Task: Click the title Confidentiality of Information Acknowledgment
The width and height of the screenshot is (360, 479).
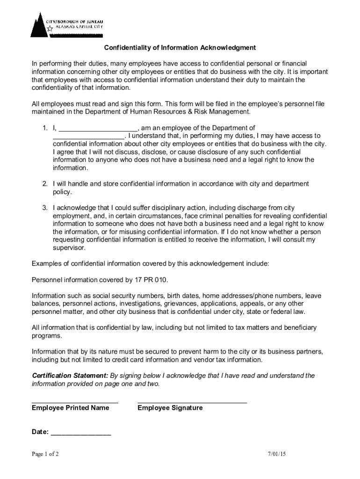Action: (180, 48)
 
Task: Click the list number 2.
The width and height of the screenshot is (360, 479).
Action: (45, 184)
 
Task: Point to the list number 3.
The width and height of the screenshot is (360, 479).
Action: (45, 208)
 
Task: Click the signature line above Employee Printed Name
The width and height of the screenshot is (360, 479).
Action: (75, 402)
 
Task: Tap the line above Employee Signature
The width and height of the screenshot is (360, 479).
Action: (192, 402)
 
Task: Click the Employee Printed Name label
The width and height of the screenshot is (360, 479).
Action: (71, 408)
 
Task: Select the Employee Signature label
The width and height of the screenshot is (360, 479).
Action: (170, 408)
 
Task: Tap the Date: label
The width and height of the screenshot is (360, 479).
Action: (40, 432)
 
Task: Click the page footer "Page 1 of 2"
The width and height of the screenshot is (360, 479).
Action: (45, 454)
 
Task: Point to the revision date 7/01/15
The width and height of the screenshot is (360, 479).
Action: (276, 454)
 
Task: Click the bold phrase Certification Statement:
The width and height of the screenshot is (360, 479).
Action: (70, 376)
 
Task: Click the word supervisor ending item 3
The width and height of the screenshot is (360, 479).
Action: (69, 248)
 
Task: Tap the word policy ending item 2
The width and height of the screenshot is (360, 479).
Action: (62, 192)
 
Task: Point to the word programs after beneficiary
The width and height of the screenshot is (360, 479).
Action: (46, 336)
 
